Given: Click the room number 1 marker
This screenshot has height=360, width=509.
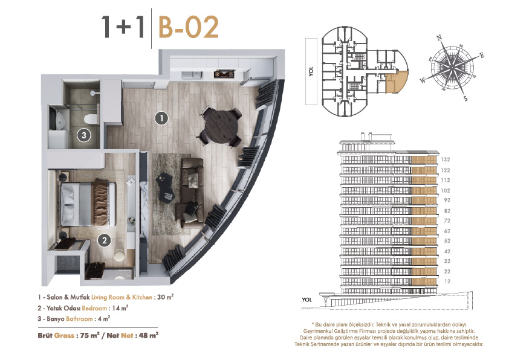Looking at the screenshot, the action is coord(161,118).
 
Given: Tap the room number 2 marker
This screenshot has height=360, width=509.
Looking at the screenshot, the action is coord(104,240).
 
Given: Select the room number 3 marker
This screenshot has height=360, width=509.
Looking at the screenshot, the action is coord(84,135).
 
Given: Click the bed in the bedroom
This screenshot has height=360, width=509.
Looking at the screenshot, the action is coord(88,204).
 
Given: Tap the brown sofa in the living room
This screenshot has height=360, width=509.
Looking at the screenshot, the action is coord(191,192).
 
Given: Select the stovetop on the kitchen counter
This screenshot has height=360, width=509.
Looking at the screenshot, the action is coord(224,74).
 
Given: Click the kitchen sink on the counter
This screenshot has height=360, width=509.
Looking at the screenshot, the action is coord(192,75).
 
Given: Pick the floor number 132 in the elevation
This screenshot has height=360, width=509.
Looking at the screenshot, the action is coord(446,159).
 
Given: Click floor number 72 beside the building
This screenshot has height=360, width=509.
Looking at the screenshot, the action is coord(447,220).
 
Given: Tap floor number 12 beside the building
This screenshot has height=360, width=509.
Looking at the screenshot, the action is coord(447,281).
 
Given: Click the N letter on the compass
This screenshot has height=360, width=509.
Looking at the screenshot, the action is coord(439,37).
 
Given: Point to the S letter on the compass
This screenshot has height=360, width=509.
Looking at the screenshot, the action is coord(465,98).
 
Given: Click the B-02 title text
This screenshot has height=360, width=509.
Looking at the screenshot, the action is coord(189,28).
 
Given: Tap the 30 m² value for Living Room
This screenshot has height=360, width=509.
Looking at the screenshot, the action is coord(165,297).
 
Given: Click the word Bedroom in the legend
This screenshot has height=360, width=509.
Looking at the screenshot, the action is coord(94,308).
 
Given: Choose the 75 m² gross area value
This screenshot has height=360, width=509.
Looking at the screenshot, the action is coord(89,335).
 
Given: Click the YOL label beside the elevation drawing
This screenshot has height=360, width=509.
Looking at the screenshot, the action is coord(306,300).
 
